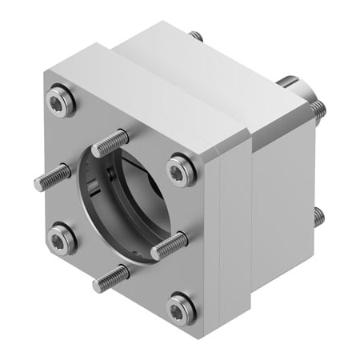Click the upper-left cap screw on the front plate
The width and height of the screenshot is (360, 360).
click(x=62, y=100)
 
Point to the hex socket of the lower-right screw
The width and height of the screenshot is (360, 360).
click(x=180, y=306)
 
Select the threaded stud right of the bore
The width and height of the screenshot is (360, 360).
click(x=169, y=246)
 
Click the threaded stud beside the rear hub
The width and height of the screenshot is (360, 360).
click(x=318, y=110)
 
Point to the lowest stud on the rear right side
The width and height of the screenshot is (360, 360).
click(x=319, y=215)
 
